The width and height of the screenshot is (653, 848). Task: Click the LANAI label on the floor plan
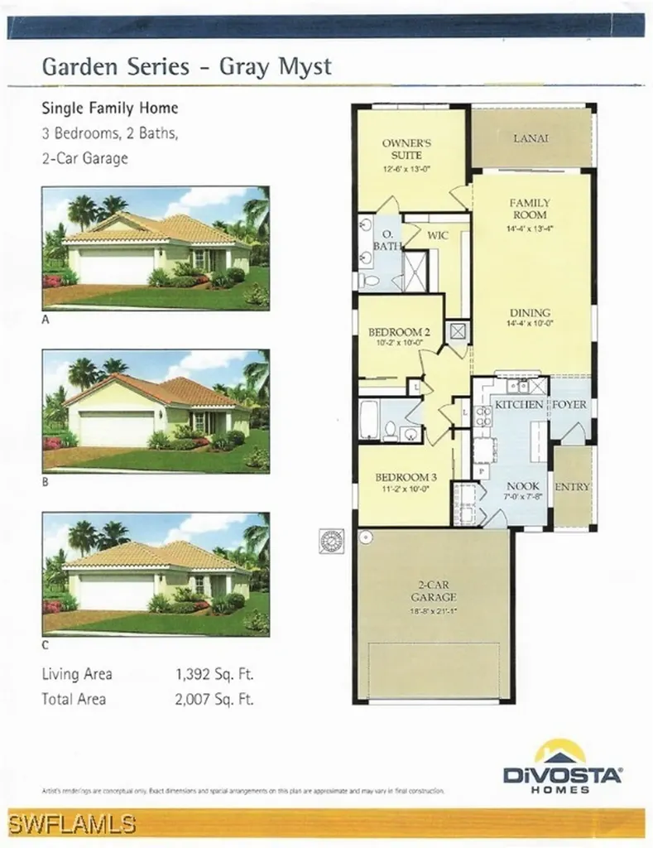pos(531,139)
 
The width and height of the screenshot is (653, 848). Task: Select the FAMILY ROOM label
pos(530,209)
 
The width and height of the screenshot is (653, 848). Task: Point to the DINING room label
pos(531,302)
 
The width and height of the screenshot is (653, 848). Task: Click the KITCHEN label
pos(519,404)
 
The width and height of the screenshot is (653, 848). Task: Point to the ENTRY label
pos(572,487)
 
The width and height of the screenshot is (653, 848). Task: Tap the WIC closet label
pos(438,235)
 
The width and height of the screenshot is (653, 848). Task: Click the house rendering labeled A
pos(156,248)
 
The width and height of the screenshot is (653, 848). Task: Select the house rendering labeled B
pos(156,411)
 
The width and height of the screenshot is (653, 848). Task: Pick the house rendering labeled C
pos(156,573)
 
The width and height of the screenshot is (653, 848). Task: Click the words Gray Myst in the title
pos(276,67)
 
